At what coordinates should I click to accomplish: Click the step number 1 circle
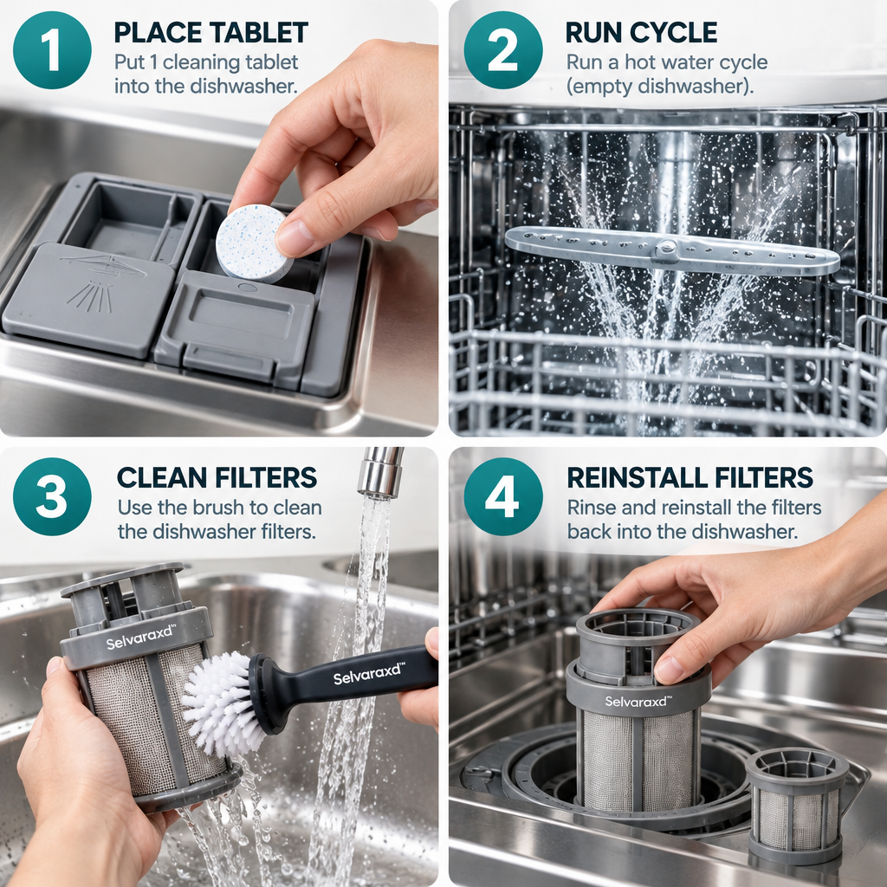tap(52, 49)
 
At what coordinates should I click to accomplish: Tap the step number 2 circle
tap(503, 49)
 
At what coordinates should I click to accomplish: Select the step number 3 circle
tap(52, 496)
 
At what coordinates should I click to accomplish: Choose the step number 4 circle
tap(503, 496)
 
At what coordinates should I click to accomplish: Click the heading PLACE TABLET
tap(211, 33)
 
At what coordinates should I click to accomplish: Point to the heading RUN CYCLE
tap(642, 33)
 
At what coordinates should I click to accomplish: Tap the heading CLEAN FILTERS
tap(217, 478)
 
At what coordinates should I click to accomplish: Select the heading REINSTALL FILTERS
tap(690, 478)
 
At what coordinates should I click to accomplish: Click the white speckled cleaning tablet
tap(254, 243)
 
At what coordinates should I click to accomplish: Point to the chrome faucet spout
tap(380, 472)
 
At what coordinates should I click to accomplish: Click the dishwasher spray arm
tap(672, 250)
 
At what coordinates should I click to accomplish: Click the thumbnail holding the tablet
tap(295, 236)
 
